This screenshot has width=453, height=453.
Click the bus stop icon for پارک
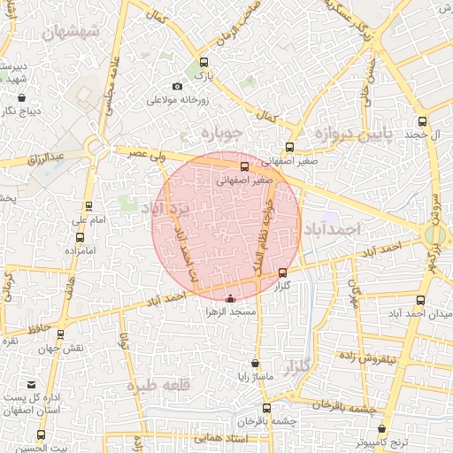[x=204, y=63]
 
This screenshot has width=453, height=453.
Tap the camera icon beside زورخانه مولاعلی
[x=178, y=86]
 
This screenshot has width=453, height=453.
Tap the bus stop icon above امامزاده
[x=81, y=237]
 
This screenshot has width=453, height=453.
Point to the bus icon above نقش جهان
[x=60, y=334]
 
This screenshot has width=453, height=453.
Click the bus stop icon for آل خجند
[x=422, y=122]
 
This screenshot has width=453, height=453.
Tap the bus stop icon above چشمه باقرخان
[x=266, y=408]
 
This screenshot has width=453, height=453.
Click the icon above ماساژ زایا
[x=256, y=363]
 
